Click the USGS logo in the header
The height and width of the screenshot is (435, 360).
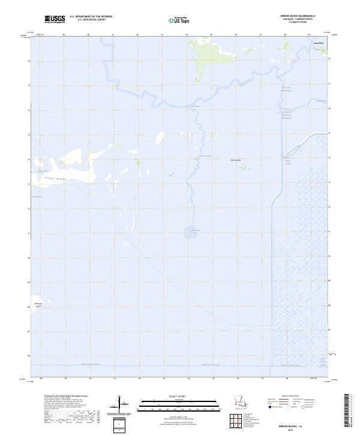tap(55, 19)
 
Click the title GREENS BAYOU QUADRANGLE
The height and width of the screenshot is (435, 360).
tap(292, 16)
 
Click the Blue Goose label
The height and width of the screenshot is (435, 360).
tap(236, 160)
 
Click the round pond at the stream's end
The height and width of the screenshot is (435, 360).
tap(193, 235)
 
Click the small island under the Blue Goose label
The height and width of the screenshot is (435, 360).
tap(244, 168)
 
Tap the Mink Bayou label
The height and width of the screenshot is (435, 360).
tap(196, 107)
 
